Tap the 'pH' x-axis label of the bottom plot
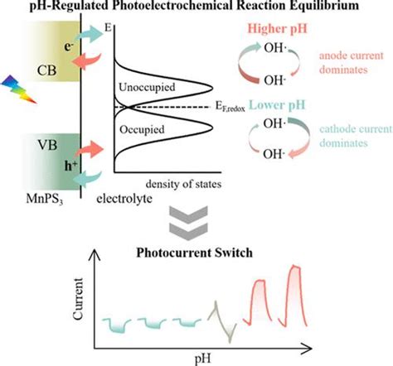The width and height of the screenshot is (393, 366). pos(194,358)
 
